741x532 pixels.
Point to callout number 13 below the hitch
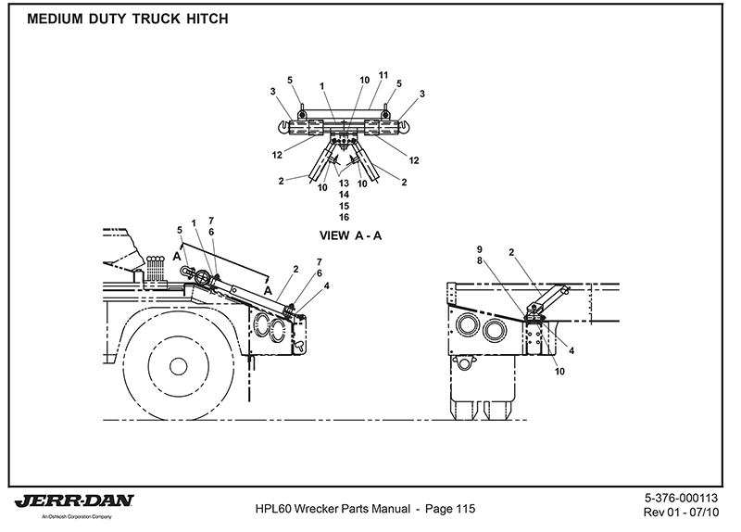click(345, 183)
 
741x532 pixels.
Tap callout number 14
click(345, 195)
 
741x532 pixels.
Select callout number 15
click(345, 206)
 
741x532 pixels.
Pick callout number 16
click(345, 217)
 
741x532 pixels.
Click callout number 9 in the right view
click(480, 250)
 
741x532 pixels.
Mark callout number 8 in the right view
click(480, 261)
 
